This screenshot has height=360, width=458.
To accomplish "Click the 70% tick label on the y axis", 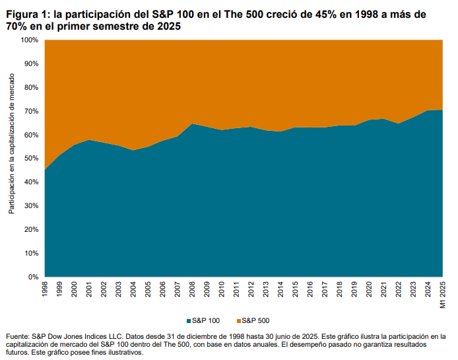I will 30,111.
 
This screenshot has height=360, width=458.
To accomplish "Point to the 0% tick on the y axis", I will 32,277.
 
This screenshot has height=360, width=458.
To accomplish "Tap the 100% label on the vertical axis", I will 28,40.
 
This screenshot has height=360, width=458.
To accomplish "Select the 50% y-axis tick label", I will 30,159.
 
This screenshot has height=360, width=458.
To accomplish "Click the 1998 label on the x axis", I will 45,290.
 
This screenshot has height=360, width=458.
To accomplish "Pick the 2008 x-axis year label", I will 191,290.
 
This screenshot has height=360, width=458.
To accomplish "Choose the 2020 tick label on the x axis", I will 368,290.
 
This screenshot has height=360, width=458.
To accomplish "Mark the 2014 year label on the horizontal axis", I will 280,290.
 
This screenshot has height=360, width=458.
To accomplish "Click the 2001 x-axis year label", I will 89,290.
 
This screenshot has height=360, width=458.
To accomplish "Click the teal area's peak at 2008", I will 191,124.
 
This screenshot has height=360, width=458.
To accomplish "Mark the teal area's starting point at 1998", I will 45,170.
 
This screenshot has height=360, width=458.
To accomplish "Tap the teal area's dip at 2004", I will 133,151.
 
